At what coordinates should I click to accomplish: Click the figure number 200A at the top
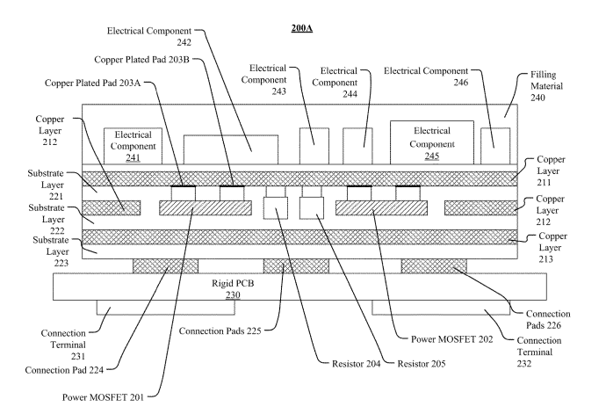click(x=302, y=28)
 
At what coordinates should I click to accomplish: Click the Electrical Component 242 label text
click(x=153, y=34)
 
